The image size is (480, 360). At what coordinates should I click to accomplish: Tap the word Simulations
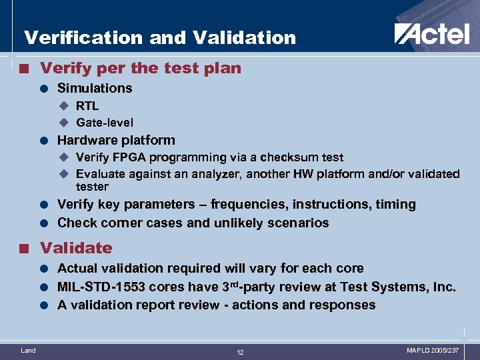pos(95,88)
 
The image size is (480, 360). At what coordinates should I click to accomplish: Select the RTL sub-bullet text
pos(87,105)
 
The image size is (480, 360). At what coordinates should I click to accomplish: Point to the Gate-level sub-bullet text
pos(105,123)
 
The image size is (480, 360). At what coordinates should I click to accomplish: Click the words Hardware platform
pos(116,140)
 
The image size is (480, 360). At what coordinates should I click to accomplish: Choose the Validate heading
pos(76,248)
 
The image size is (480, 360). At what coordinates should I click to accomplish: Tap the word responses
pos(343,305)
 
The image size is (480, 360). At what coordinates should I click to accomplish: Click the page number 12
pos(240,352)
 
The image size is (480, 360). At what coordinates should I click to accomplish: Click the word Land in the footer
pos(29,350)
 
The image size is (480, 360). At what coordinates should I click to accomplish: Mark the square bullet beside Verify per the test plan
pos(25,69)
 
